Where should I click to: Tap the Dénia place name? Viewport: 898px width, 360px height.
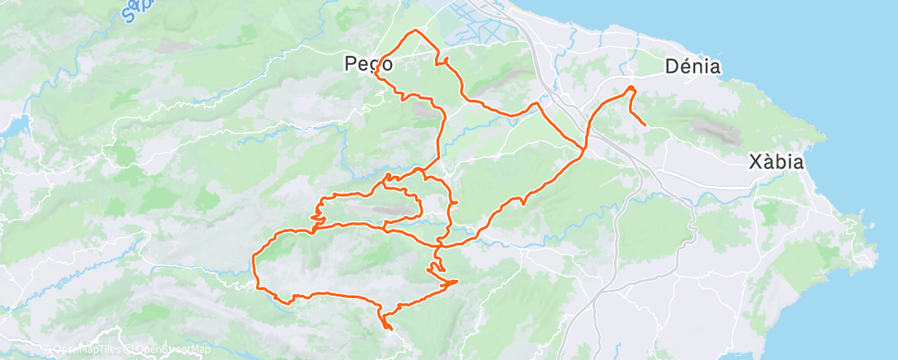pyautogui.click(x=693, y=67)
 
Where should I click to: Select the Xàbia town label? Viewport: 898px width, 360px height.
pyautogui.click(x=776, y=161)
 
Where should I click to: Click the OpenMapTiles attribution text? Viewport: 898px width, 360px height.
pyautogui.click(x=83, y=350)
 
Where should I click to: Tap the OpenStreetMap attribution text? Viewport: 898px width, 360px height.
pyautogui.click(x=168, y=350)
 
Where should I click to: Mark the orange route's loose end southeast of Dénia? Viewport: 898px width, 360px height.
pyautogui.click(x=645, y=125)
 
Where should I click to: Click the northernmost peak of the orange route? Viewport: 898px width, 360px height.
pyautogui.click(x=415, y=31)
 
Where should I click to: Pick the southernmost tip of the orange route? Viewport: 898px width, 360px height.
pyautogui.click(x=386, y=329)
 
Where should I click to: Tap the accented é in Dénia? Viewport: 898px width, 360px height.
pyautogui.click(x=682, y=67)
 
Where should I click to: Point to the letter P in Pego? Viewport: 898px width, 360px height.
pyautogui.click(x=350, y=64)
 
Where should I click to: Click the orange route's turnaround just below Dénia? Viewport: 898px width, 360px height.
pyautogui.click(x=631, y=88)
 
